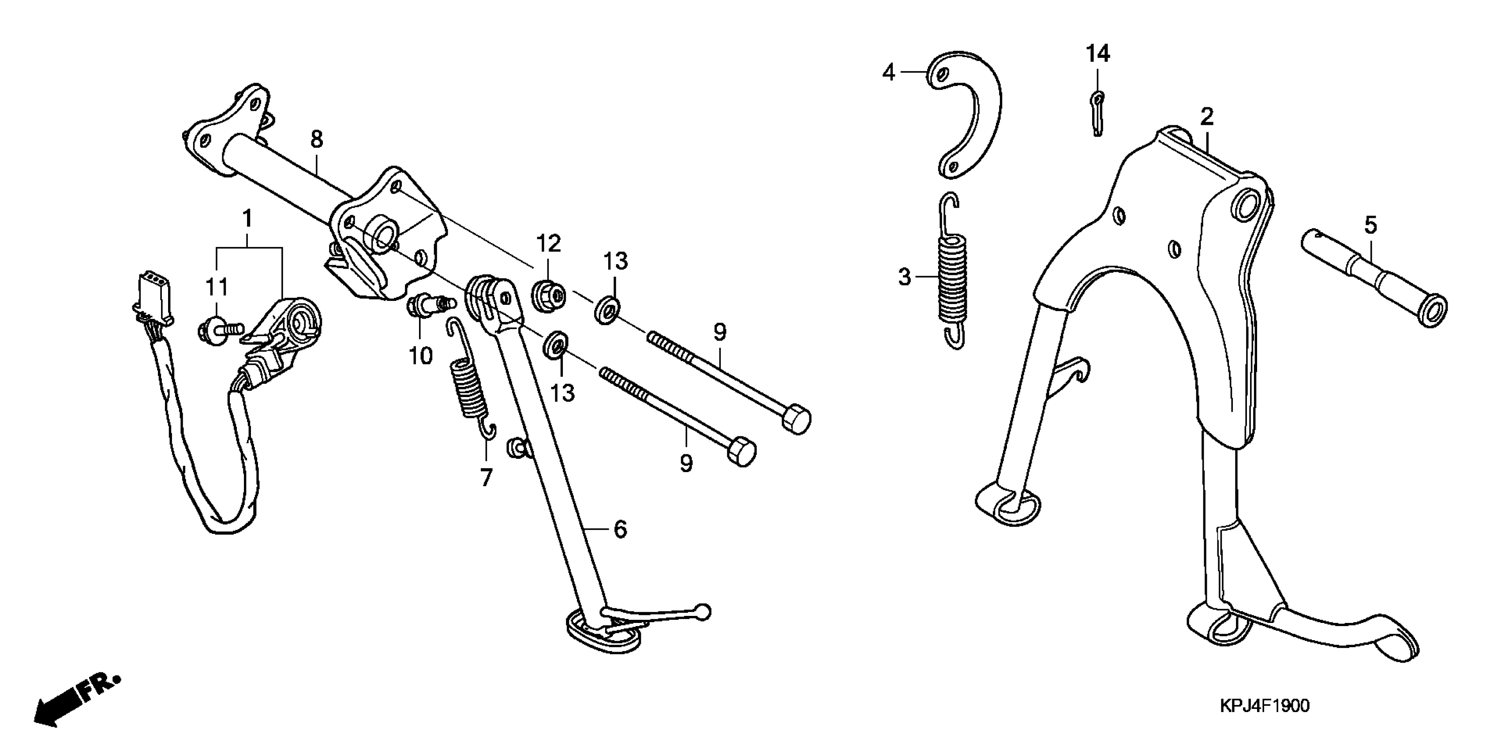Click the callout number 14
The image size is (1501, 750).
pos(1097,54)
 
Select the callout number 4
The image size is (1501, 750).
pos(888,73)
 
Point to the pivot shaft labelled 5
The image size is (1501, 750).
pos(1372,277)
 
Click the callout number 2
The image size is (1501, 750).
pos(1207,117)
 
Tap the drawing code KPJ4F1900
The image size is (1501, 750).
pos(1265,706)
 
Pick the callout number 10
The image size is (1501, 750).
pos(421,355)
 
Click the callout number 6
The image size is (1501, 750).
pos(620,529)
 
